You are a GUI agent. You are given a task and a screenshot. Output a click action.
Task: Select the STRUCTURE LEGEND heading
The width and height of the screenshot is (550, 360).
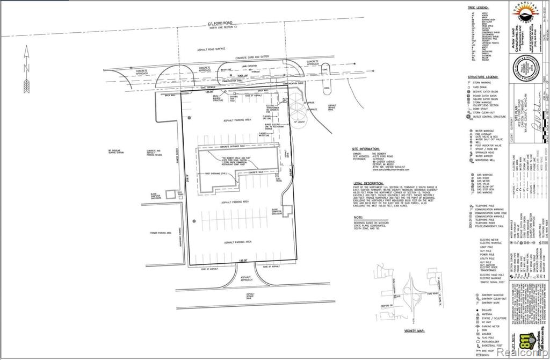click(486, 77)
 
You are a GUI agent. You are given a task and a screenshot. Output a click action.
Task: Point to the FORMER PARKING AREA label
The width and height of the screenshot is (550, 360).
click(161, 233)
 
